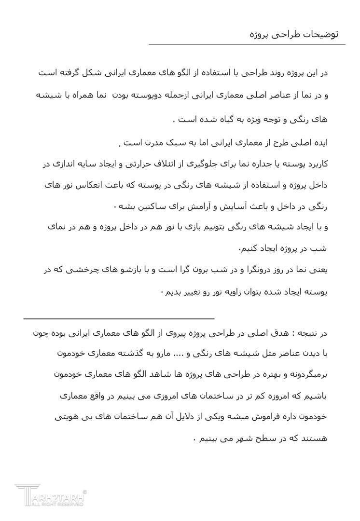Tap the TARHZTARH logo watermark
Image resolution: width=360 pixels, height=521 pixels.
pyautogui.click(x=50, y=495)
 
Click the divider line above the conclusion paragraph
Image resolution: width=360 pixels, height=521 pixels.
pyautogui.click(x=119, y=319)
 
